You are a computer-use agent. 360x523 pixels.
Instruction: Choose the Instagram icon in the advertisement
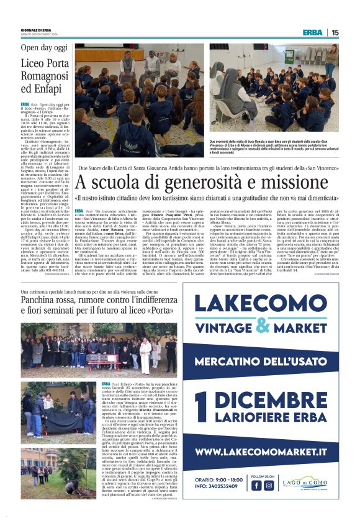click(x=269, y=485)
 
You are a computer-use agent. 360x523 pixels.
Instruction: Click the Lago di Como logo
click(x=308, y=485)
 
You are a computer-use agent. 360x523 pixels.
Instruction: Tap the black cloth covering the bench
click(x=47, y=427)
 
